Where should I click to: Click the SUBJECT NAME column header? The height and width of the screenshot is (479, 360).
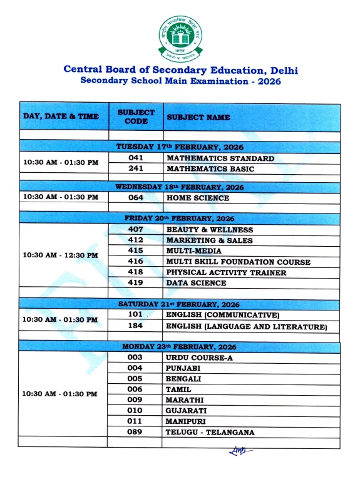198,117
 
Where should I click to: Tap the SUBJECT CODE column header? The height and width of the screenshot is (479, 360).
136,116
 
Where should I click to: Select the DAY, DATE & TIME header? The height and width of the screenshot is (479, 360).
61,116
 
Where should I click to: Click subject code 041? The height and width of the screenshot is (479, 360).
136,158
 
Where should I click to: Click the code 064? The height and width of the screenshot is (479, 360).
136,198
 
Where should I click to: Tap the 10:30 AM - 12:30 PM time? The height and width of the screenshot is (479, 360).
61,255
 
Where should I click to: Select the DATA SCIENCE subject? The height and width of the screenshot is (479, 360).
196,283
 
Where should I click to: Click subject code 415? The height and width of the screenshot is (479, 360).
136,251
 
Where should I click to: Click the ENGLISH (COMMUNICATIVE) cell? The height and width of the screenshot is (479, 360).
222,315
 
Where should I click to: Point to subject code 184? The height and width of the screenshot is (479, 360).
136,326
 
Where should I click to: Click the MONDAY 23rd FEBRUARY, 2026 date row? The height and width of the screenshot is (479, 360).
180,347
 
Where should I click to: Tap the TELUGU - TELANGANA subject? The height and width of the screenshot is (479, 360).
210,433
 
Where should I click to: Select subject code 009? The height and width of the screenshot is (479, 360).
135,400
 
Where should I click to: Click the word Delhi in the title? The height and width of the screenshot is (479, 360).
282,70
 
